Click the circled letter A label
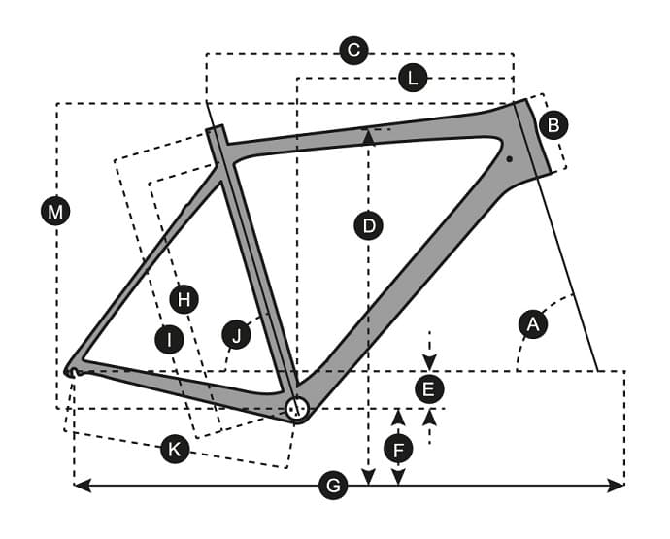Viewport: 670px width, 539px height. pos(533,324)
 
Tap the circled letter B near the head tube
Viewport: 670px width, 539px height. pos(553,125)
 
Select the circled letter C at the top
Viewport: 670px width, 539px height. pos(353,51)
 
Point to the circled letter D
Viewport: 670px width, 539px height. pos(369,225)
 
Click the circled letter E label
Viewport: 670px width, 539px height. pos(429,389)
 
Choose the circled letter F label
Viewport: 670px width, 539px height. pos(398,450)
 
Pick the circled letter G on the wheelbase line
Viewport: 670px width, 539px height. pos(333,486)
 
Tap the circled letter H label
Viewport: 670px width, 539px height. pos(184,300)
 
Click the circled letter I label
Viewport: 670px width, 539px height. pos(169,340)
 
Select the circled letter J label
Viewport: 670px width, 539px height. pos(237,334)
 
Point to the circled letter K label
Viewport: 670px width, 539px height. pos(175,450)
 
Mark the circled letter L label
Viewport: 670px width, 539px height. pos(413,79)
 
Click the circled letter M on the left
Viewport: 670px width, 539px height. pos(55,211)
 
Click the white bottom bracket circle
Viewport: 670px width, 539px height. pos(296,409)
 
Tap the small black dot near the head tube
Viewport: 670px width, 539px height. pos(510,159)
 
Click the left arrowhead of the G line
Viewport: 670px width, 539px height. pos(82,486)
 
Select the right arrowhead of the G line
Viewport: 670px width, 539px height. pos(617,486)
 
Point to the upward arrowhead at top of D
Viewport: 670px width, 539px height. pos(369,138)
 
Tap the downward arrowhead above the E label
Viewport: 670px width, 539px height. pos(430,362)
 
